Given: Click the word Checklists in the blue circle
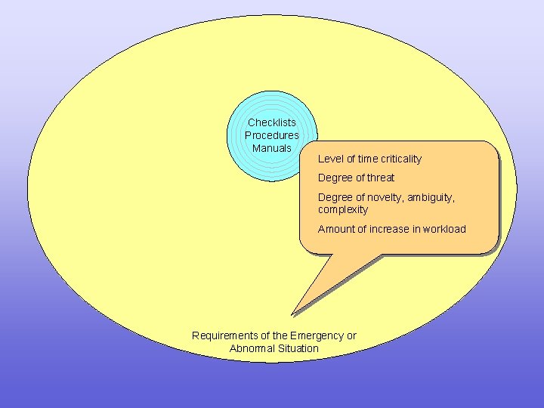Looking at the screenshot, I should (x=272, y=122).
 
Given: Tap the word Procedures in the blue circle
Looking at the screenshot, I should (x=272, y=135).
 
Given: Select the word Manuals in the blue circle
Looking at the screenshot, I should (x=272, y=148).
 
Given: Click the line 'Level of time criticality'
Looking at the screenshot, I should (x=369, y=159).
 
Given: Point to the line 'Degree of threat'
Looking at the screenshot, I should (x=356, y=178).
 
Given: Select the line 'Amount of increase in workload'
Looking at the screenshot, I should (x=391, y=229).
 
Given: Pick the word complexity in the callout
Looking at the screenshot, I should (x=343, y=209).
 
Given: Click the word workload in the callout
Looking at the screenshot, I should (x=444, y=229).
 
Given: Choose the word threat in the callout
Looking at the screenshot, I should (x=381, y=178).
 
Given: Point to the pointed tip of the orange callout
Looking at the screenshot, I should (x=292, y=314).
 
